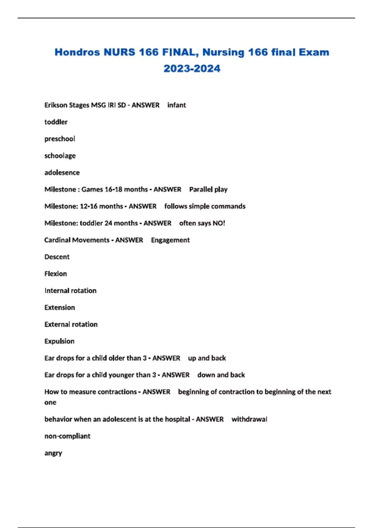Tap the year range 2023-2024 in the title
point(192,69)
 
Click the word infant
point(177,105)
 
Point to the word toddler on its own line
point(56,122)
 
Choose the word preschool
point(60,139)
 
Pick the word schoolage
point(60,156)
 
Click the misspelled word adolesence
point(62,173)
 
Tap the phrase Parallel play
point(208,189)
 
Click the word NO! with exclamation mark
point(219,223)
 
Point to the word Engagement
point(170,240)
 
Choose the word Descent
point(57,257)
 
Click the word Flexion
point(56,274)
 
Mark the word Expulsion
point(59,341)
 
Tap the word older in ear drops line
point(117,358)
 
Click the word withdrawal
point(249,419)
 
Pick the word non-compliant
point(67,436)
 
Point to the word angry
point(53,453)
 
